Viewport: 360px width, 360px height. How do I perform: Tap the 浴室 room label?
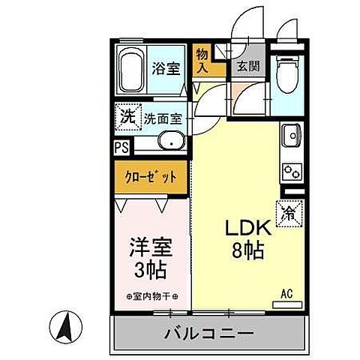(x=166, y=67)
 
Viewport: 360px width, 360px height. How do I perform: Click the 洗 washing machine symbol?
(x=125, y=116)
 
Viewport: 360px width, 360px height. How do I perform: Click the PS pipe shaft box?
(x=121, y=148)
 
